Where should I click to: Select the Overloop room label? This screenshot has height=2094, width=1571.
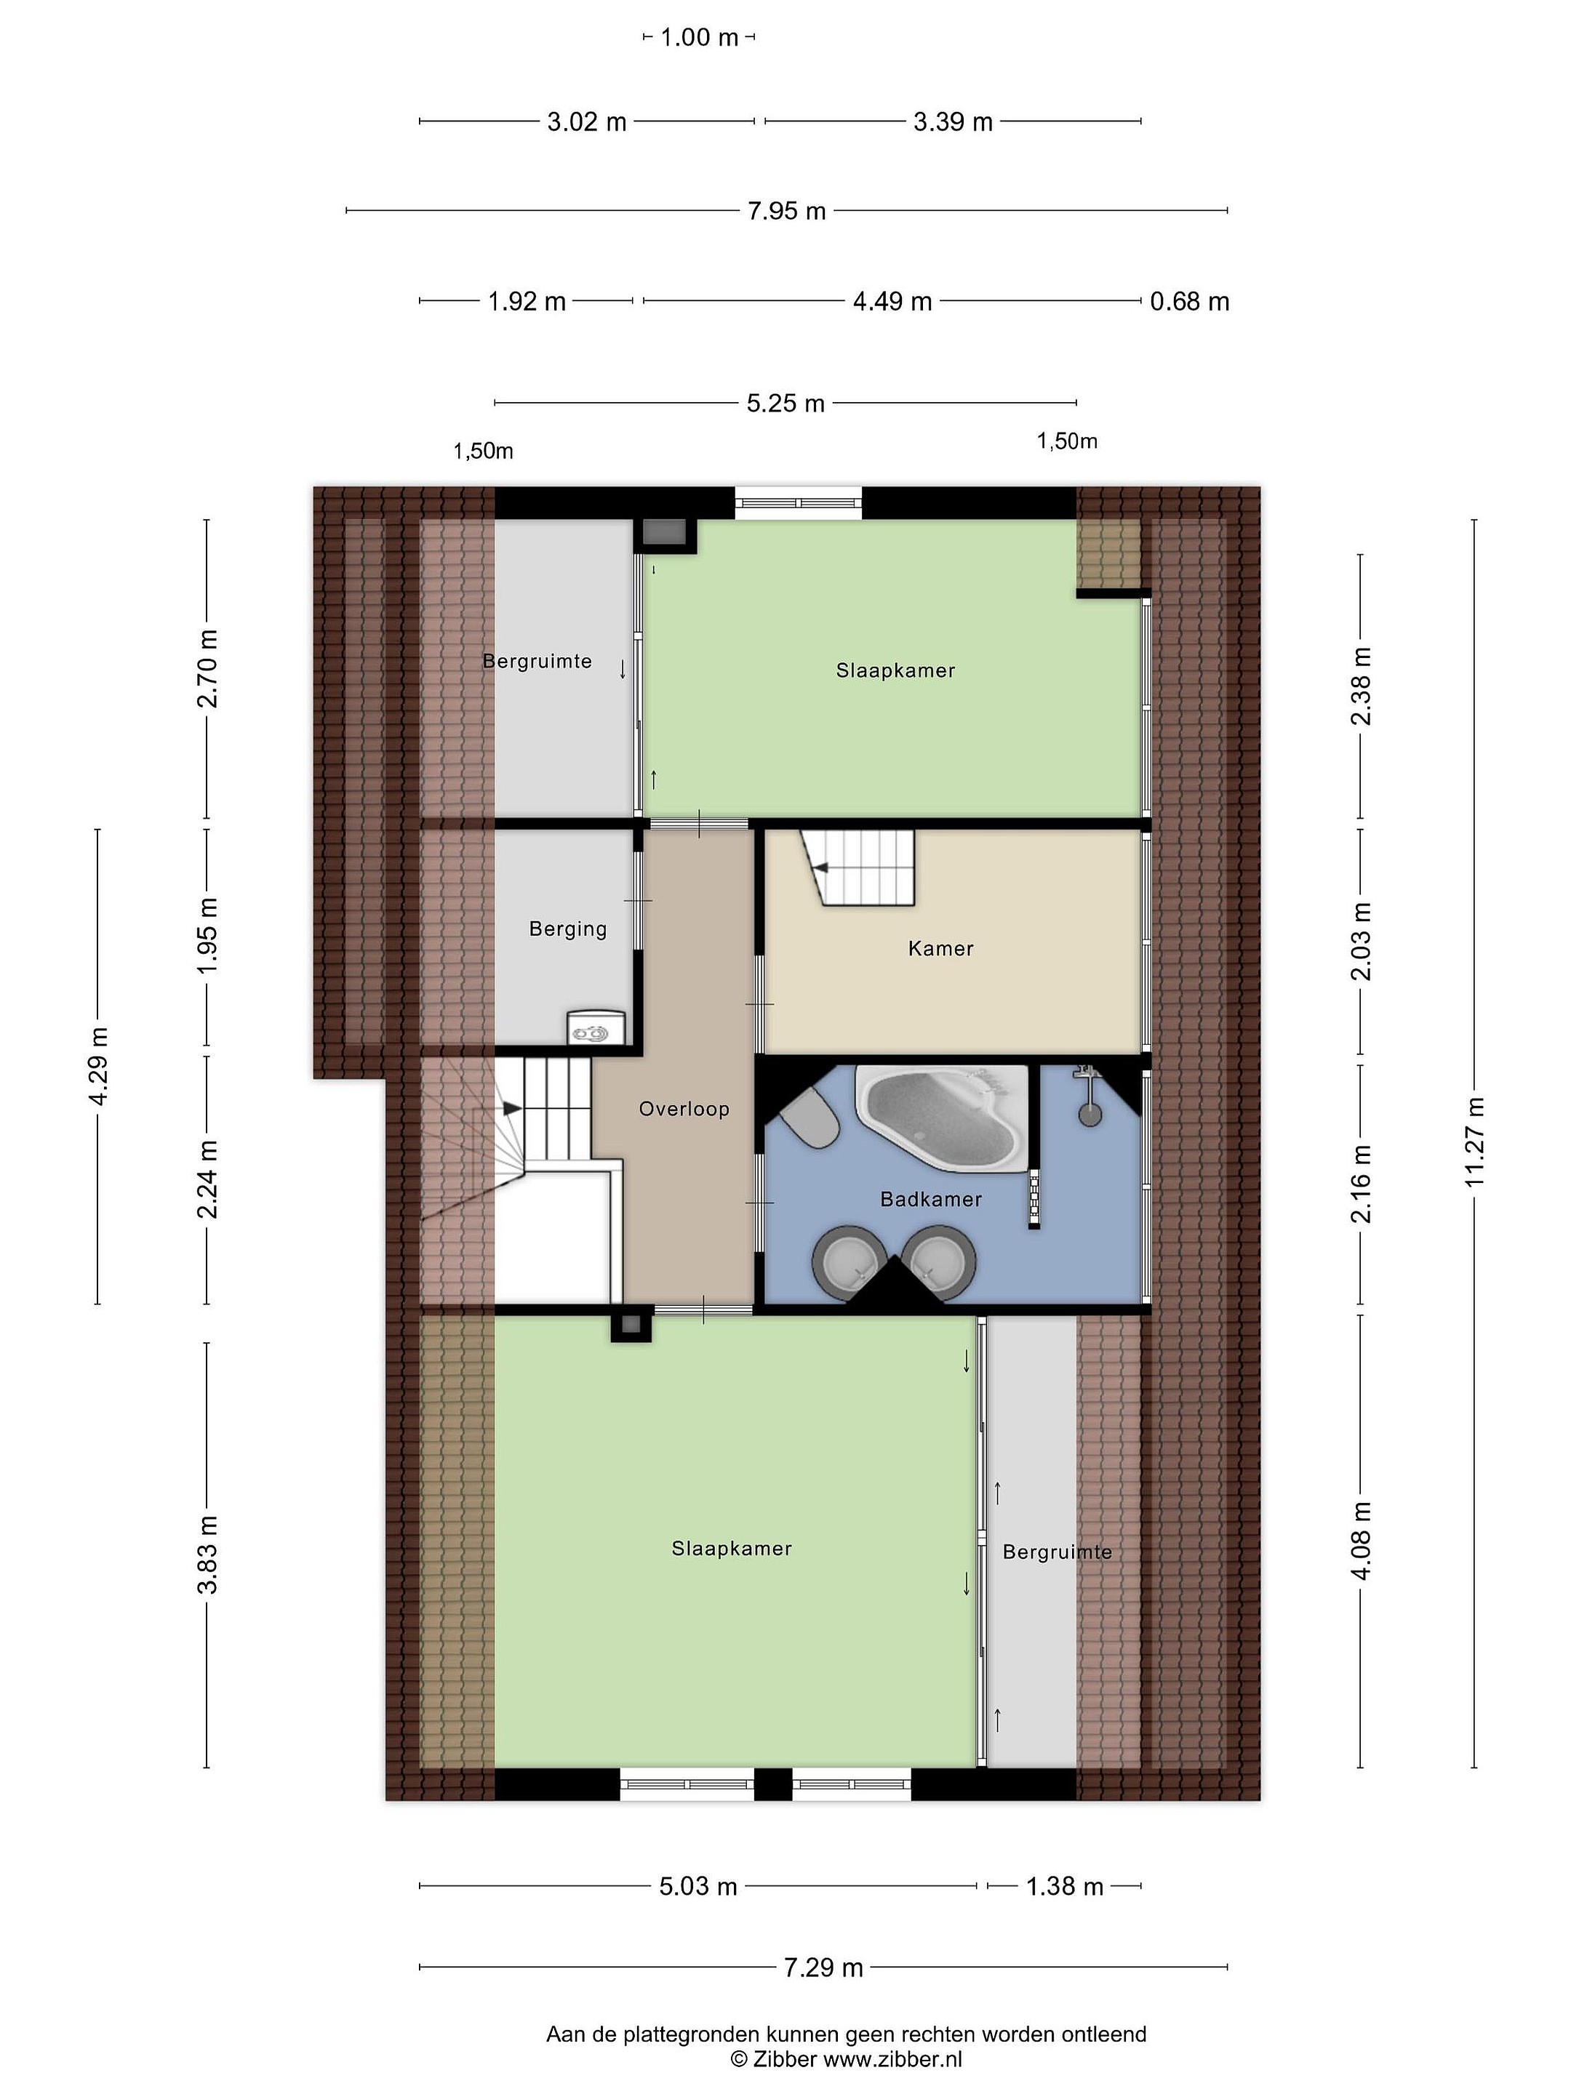[684, 1109]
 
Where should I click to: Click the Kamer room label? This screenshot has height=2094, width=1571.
[940, 949]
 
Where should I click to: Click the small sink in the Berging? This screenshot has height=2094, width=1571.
[596, 1028]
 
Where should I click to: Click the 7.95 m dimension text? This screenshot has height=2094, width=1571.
[787, 211]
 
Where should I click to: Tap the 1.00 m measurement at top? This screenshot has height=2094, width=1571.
[699, 38]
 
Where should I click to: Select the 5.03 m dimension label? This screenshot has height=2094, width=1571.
[698, 1886]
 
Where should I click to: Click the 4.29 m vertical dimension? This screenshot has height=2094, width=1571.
[97, 1065]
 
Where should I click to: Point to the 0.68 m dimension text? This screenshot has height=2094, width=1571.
[1189, 302]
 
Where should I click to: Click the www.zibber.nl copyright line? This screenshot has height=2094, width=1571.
[846, 2058]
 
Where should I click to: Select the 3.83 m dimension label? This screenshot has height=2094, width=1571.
[207, 1555]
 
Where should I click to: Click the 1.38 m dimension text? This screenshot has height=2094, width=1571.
[1064, 1886]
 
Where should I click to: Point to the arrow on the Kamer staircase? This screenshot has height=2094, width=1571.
[820, 867]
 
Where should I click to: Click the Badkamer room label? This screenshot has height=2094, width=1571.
[931, 1200]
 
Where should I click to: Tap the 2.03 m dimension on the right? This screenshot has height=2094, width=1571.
[1361, 941]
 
